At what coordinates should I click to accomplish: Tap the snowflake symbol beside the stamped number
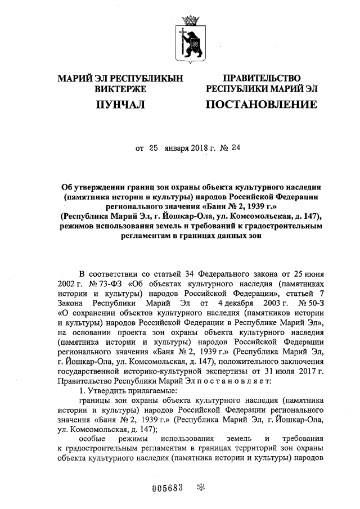click(198, 487)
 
